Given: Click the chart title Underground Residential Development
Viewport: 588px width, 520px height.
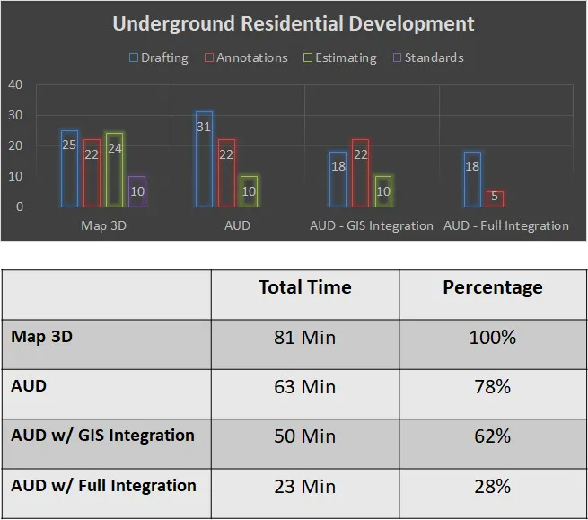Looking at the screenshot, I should click(294, 23).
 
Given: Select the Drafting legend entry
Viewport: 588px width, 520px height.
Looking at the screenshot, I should click(159, 57).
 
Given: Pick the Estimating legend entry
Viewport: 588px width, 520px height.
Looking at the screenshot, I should click(339, 57).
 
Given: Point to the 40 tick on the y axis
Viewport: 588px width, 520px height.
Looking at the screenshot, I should click(15, 84).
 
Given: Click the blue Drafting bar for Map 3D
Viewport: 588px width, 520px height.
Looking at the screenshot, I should click(69, 169).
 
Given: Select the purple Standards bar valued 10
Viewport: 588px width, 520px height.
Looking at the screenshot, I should click(136, 191).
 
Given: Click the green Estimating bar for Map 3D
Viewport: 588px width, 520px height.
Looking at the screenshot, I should click(114, 170).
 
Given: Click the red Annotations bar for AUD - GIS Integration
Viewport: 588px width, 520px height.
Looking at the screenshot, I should click(361, 173).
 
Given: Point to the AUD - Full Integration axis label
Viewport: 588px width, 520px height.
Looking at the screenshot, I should click(506, 225).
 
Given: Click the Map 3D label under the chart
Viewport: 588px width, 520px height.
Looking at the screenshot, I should click(103, 225).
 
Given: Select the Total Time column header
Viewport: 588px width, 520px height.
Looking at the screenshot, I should click(304, 287).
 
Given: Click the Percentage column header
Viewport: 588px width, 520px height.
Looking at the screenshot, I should click(492, 287).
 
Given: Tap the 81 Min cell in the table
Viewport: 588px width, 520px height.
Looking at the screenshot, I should click(304, 339).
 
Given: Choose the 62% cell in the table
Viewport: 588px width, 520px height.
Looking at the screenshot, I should click(492, 436).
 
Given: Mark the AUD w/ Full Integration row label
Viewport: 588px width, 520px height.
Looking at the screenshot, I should click(103, 486).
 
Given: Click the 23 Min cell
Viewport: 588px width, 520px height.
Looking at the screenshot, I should click(304, 487).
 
